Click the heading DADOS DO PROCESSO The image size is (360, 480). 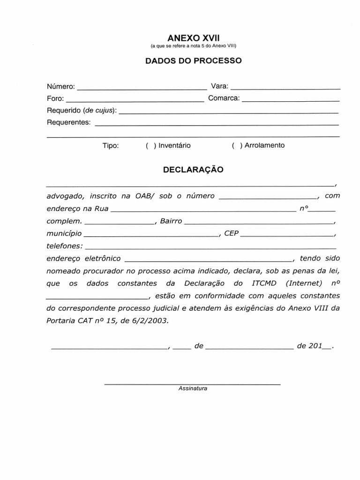(193, 61)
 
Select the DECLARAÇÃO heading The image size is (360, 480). (193, 170)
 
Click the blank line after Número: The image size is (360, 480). (141, 88)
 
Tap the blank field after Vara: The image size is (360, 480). (285, 88)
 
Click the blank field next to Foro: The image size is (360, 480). (135, 100)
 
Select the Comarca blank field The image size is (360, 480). (291, 100)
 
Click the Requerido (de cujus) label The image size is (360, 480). (82, 111)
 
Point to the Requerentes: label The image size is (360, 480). (68, 122)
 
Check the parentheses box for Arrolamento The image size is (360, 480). (237, 145)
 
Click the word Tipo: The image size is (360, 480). (111, 145)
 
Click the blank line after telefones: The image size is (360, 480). (210, 247)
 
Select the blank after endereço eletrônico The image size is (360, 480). (209, 259)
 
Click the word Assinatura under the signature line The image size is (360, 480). (193, 389)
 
